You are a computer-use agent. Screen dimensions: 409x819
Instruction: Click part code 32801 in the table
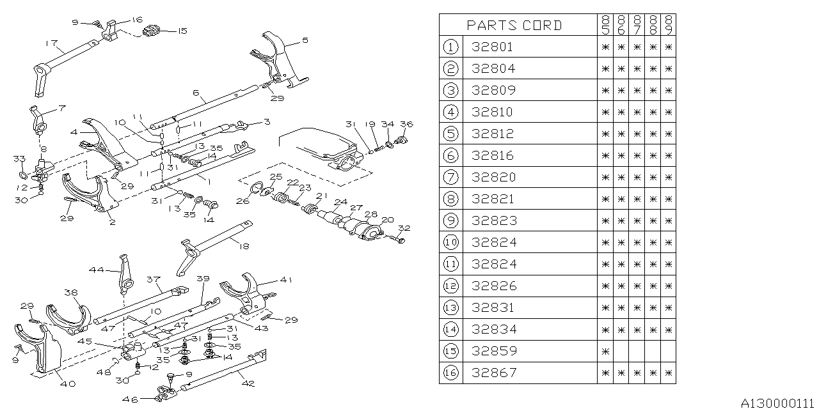pos(492,47)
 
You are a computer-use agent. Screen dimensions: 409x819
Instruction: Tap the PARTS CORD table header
pos(514,25)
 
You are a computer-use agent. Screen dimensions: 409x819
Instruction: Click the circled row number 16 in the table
pos(451,373)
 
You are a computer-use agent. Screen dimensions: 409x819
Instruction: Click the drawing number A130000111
pos(779,403)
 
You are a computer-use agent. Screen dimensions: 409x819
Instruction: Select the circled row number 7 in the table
pos(451,177)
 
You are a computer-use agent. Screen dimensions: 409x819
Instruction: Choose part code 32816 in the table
pos(492,155)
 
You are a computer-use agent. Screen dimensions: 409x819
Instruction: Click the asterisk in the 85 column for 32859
pos(605,351)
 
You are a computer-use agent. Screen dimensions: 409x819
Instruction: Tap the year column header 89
pos(669,25)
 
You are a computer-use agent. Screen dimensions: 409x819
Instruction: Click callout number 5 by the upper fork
pos(305,40)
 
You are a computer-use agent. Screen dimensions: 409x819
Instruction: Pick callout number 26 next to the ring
pos(243,202)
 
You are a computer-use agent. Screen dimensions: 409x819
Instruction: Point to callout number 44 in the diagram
pos(96,270)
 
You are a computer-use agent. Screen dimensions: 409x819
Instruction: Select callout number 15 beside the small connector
pos(182,30)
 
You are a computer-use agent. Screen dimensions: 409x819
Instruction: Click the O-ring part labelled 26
pos(255,189)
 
